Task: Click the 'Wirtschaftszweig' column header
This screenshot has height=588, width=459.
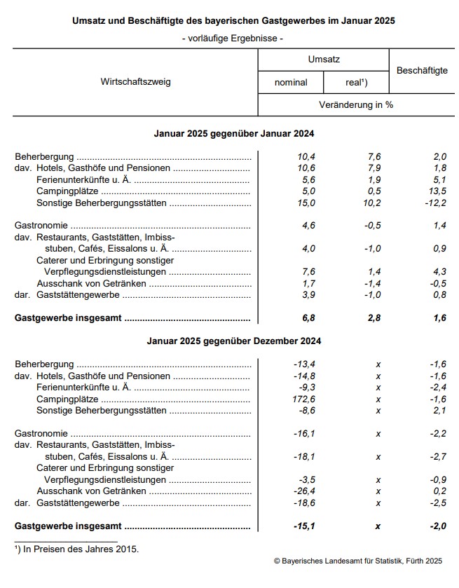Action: [136, 81]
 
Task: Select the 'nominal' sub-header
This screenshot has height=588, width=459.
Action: [291, 82]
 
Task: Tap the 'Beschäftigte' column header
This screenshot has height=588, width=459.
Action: [422, 71]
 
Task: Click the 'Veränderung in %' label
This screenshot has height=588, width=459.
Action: [355, 104]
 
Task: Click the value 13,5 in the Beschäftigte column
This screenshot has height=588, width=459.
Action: [437, 191]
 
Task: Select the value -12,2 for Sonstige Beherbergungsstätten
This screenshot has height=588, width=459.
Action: [434, 203]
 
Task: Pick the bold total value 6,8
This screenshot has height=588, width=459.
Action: [307, 317]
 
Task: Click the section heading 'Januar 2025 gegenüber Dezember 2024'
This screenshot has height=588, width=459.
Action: [234, 341]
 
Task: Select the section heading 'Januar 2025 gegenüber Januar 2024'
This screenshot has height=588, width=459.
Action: [234, 133]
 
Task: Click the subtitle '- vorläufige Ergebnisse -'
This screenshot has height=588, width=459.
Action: [233, 39]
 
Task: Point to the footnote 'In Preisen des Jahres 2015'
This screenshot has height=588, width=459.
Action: [78, 549]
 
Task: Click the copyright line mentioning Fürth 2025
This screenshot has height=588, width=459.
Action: [358, 561]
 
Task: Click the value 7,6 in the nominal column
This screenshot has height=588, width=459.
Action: [307, 272]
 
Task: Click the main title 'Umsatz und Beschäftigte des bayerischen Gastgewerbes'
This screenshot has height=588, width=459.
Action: [233, 21]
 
